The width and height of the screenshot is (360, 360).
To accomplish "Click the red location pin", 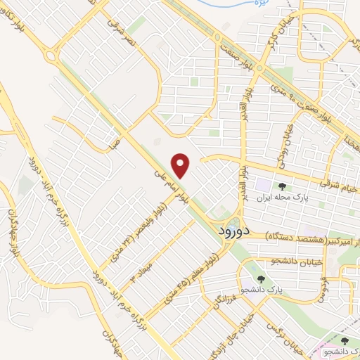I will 182,165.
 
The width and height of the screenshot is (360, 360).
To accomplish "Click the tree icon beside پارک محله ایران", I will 283,186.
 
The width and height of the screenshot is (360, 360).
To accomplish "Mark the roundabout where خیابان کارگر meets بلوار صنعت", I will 261,70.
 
